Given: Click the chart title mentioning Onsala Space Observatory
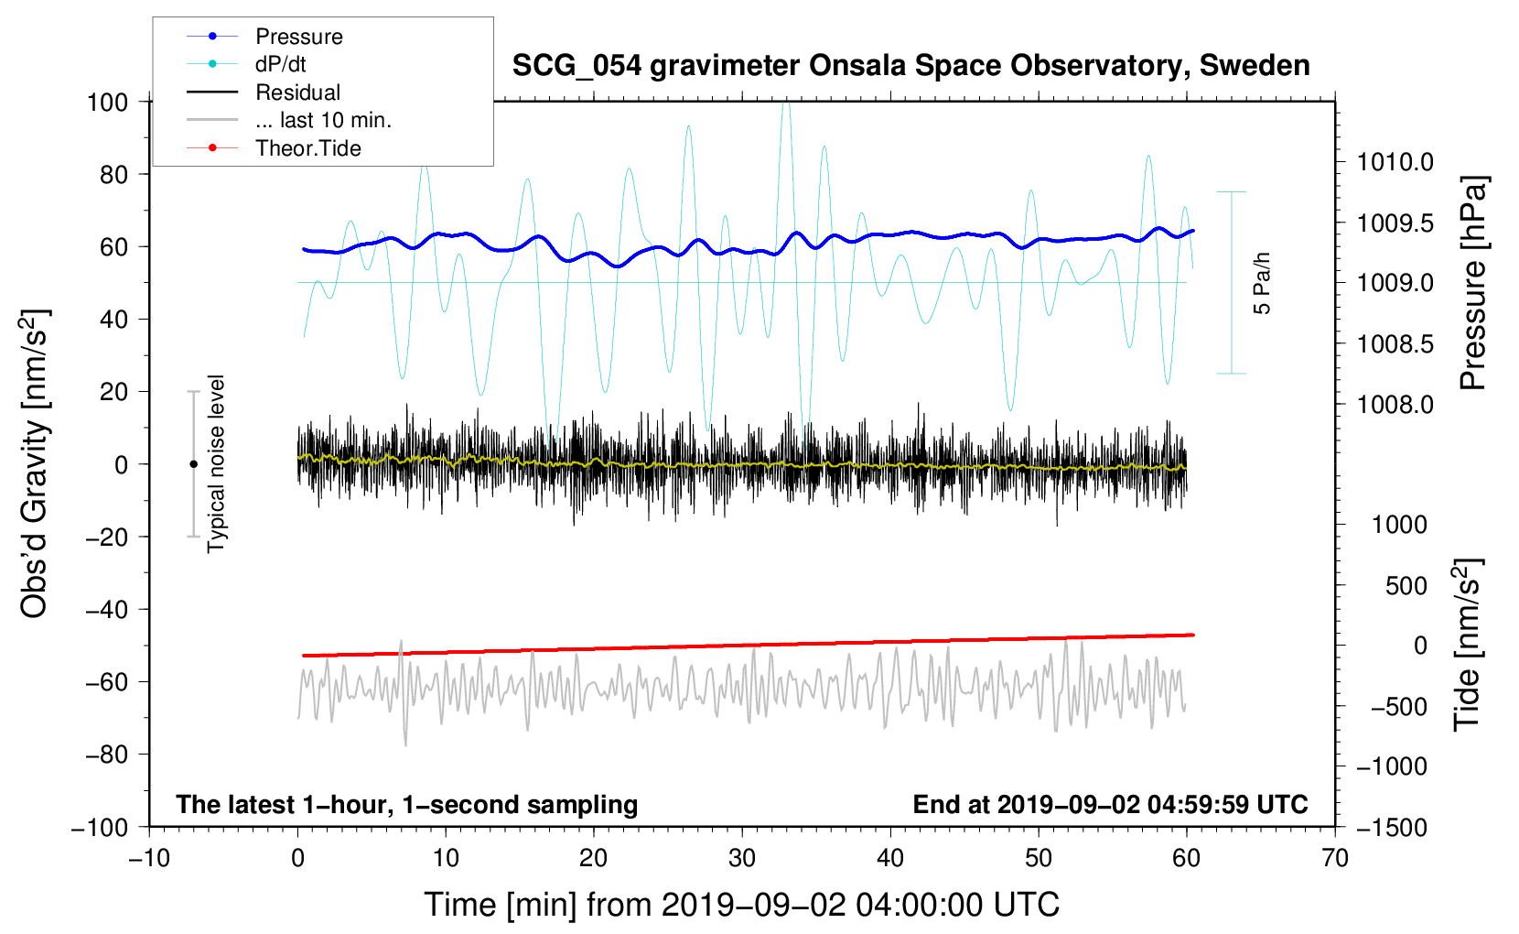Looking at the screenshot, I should (x=910, y=66).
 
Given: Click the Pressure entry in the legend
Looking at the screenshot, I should (x=298, y=37).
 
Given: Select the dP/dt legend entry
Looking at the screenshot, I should (x=280, y=64).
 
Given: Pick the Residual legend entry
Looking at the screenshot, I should (x=297, y=92).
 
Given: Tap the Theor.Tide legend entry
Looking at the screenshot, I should (x=307, y=148).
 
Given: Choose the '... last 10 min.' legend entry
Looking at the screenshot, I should (x=323, y=120).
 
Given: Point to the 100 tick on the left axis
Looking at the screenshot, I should (x=107, y=102).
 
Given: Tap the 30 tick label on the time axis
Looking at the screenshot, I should (x=742, y=859).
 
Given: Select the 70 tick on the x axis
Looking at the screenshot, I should (x=1335, y=859).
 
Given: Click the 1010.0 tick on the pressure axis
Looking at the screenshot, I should (x=1395, y=163).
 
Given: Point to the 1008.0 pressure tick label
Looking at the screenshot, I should (x=1395, y=405).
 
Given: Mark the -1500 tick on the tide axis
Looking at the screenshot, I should (x=1391, y=828).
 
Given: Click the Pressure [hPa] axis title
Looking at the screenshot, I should (x=1473, y=283).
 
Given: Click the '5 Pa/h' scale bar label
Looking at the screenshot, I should (x=1263, y=283).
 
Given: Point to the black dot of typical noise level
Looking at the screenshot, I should (x=193, y=464).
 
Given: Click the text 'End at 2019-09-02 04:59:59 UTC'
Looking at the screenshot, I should (x=1110, y=805).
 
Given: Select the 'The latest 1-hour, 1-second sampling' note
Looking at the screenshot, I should (x=407, y=805).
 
